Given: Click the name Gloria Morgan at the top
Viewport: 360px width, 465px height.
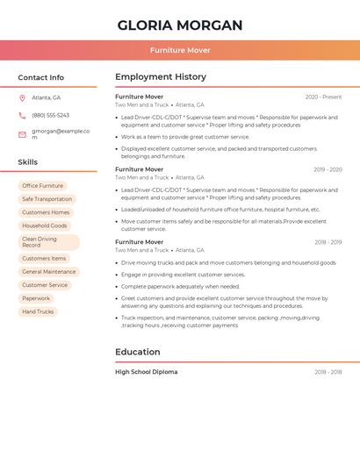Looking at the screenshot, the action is click(x=180, y=25).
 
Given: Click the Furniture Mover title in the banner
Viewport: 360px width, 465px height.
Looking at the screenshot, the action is click(x=180, y=50).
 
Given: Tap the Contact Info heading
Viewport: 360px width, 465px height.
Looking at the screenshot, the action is click(x=40, y=77).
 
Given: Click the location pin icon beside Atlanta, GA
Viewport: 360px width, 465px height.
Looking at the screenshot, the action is click(x=22, y=97).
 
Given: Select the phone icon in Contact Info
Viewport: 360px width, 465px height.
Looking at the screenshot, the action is click(x=22, y=115).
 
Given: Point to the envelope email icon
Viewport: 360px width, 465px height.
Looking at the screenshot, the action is click(x=22, y=134).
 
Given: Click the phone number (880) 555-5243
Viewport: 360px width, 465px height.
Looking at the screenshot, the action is click(x=50, y=115).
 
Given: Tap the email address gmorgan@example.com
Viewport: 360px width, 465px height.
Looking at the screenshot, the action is click(x=61, y=134).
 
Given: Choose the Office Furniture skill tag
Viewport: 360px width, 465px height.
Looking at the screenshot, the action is click(x=42, y=186).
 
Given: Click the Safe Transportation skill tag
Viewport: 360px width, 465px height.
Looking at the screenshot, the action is click(x=47, y=199).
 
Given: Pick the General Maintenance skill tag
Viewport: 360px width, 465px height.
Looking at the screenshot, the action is click(x=49, y=272).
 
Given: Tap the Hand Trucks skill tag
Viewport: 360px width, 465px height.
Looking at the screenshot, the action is click(x=38, y=311).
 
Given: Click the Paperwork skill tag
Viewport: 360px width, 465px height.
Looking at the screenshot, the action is click(x=36, y=298).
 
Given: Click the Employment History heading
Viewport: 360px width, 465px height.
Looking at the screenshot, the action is click(x=161, y=76).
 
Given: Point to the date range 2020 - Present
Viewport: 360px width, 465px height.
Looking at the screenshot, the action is click(x=323, y=97).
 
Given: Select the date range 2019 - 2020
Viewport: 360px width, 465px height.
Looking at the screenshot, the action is click(x=328, y=169).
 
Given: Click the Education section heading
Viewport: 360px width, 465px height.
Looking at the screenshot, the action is click(x=138, y=352).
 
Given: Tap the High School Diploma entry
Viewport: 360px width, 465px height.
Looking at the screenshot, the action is click(x=146, y=372).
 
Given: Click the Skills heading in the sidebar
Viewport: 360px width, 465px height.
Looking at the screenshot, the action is click(x=28, y=162).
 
